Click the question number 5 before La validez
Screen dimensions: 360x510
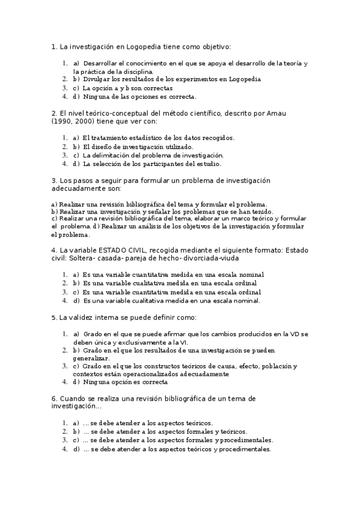coord(54,318)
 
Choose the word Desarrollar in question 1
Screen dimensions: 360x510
coord(101,63)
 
